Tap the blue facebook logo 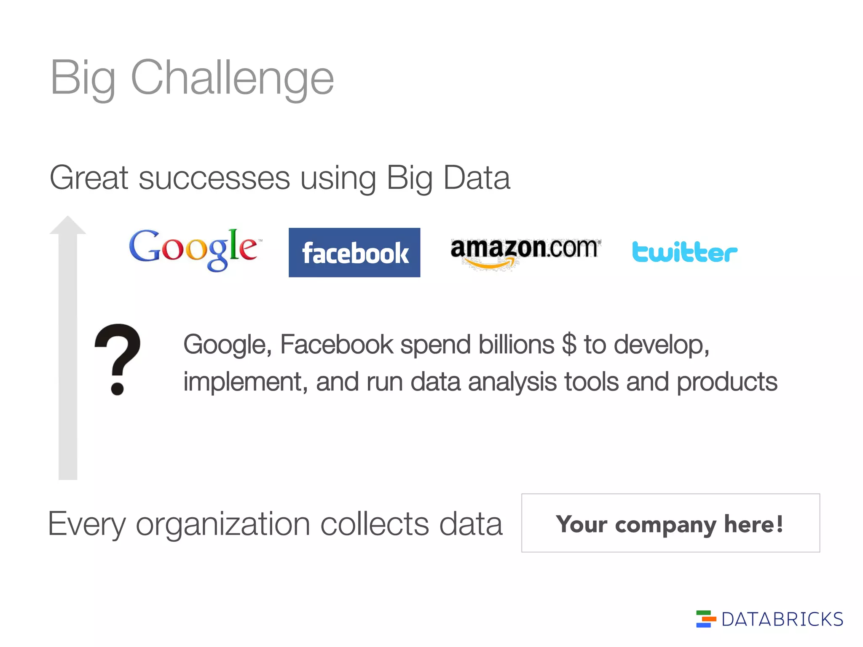point(354,252)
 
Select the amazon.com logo point(525,251)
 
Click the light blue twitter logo point(684,252)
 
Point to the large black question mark point(118,358)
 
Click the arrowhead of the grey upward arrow point(68,226)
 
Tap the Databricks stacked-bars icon point(705,619)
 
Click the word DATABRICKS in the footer point(782,620)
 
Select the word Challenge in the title point(233,78)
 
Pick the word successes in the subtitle point(214,178)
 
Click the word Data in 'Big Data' point(477,178)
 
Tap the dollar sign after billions point(569,345)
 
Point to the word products point(727,382)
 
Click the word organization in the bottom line point(223,524)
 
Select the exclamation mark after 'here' point(779,524)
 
